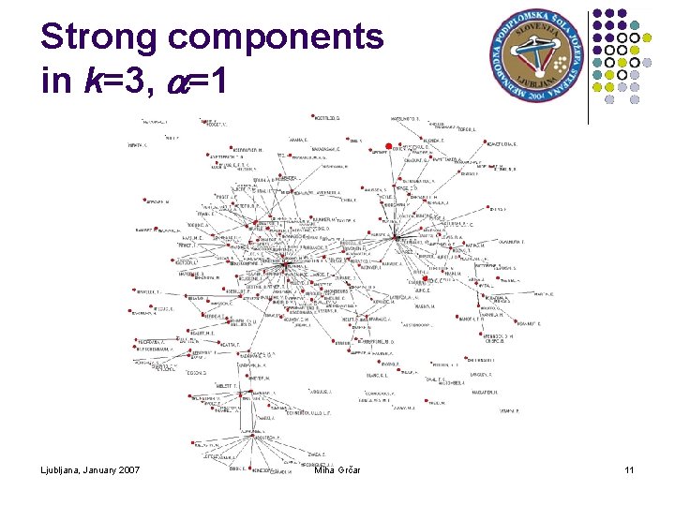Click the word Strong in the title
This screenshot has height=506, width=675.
98,37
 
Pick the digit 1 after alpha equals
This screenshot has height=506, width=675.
217,82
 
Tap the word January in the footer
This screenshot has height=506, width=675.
106,469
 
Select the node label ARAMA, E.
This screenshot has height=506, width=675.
298,138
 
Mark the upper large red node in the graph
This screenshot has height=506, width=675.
388,146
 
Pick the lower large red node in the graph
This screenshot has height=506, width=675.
426,279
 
